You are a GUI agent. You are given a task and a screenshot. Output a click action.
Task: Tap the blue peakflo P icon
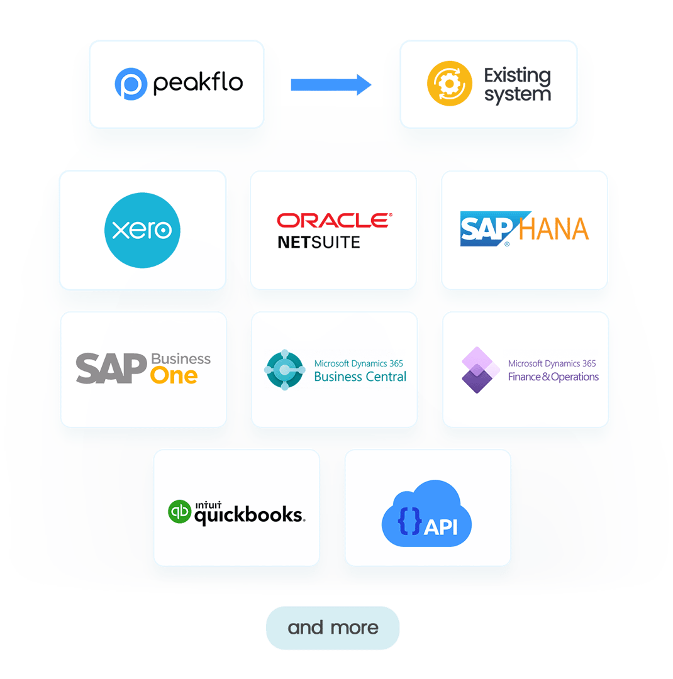click(131, 84)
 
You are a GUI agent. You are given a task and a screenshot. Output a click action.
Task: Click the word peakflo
click(198, 83)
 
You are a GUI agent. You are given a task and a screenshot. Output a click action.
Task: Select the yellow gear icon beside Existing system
click(450, 84)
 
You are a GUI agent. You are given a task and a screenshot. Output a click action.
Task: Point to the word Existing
click(517, 75)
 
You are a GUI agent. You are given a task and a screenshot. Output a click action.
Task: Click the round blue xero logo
click(142, 230)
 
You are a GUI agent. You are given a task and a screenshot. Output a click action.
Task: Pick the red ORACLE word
click(334, 220)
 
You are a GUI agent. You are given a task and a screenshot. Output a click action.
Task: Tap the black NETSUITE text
click(319, 241)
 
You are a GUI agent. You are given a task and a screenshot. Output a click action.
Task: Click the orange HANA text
click(554, 229)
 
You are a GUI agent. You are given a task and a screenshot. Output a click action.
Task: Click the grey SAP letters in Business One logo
click(111, 368)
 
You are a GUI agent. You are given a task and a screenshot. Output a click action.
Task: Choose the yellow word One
click(174, 376)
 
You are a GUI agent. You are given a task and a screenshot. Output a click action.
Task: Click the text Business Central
click(360, 377)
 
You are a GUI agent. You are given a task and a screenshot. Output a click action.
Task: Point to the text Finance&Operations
click(553, 377)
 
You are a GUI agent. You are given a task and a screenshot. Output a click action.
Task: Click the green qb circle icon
click(179, 511)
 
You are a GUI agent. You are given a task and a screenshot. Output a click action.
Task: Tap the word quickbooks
click(249, 516)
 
